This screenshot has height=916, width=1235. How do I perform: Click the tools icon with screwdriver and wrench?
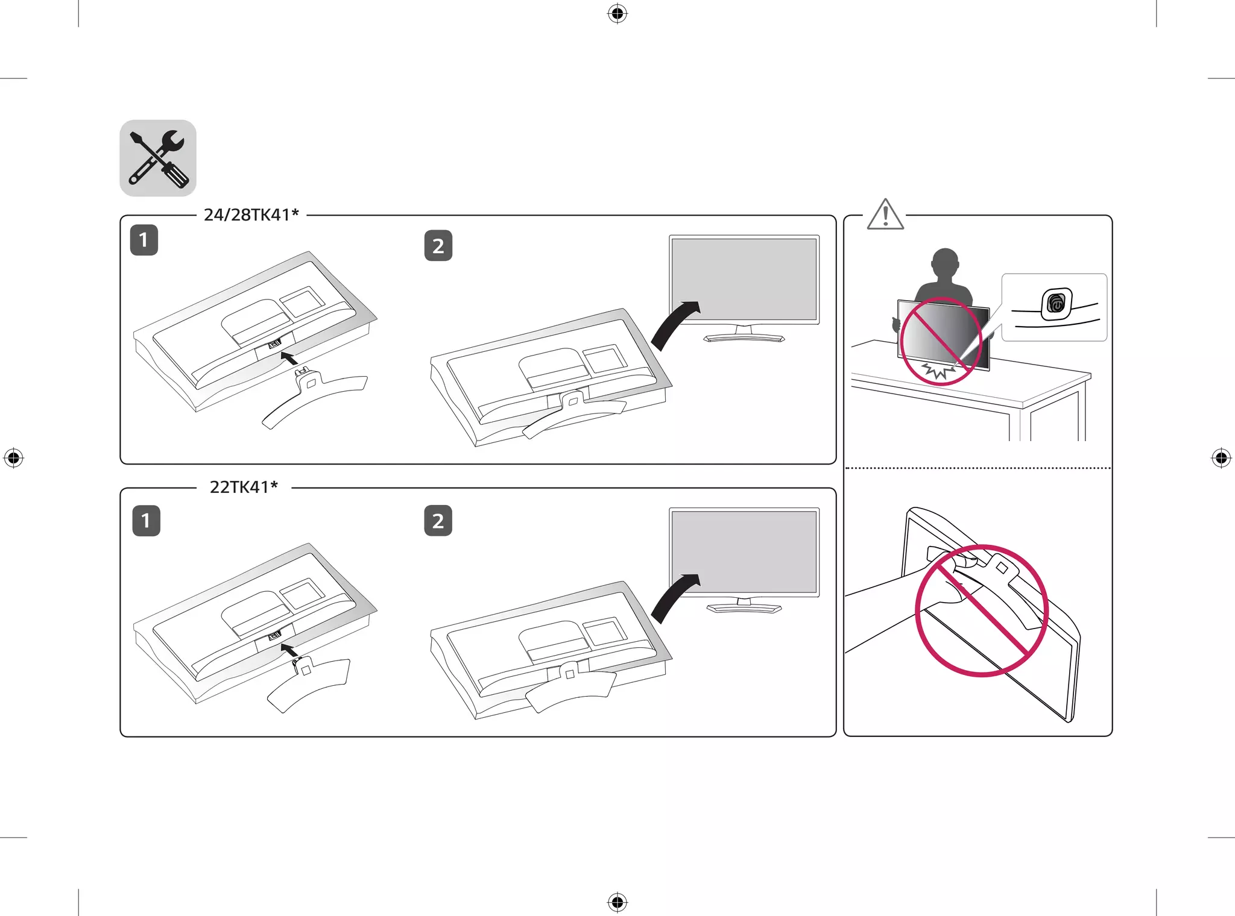[x=158, y=158]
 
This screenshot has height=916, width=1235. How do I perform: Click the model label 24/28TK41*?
[x=251, y=215]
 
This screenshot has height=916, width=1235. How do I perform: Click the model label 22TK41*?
[x=244, y=487]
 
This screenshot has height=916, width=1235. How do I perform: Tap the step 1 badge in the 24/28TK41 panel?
[x=144, y=240]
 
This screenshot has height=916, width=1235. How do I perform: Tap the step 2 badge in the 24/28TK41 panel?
[x=438, y=245]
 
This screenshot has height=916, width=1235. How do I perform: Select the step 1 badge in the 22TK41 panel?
[x=147, y=520]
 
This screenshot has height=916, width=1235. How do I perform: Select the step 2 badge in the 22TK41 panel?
[x=438, y=520]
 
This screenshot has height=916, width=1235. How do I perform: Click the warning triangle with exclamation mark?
[x=885, y=215]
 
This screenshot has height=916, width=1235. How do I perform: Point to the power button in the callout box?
[x=1057, y=304]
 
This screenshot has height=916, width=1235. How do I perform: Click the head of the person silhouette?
[x=945, y=263]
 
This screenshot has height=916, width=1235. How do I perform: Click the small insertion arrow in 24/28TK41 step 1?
[x=289, y=359]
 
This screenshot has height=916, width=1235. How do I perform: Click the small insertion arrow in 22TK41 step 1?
[x=289, y=650]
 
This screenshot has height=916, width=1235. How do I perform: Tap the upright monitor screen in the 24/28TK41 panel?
[x=744, y=280]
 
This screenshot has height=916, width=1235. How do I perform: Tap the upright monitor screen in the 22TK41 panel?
[x=744, y=553]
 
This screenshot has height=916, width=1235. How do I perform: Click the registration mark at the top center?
[x=617, y=13]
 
